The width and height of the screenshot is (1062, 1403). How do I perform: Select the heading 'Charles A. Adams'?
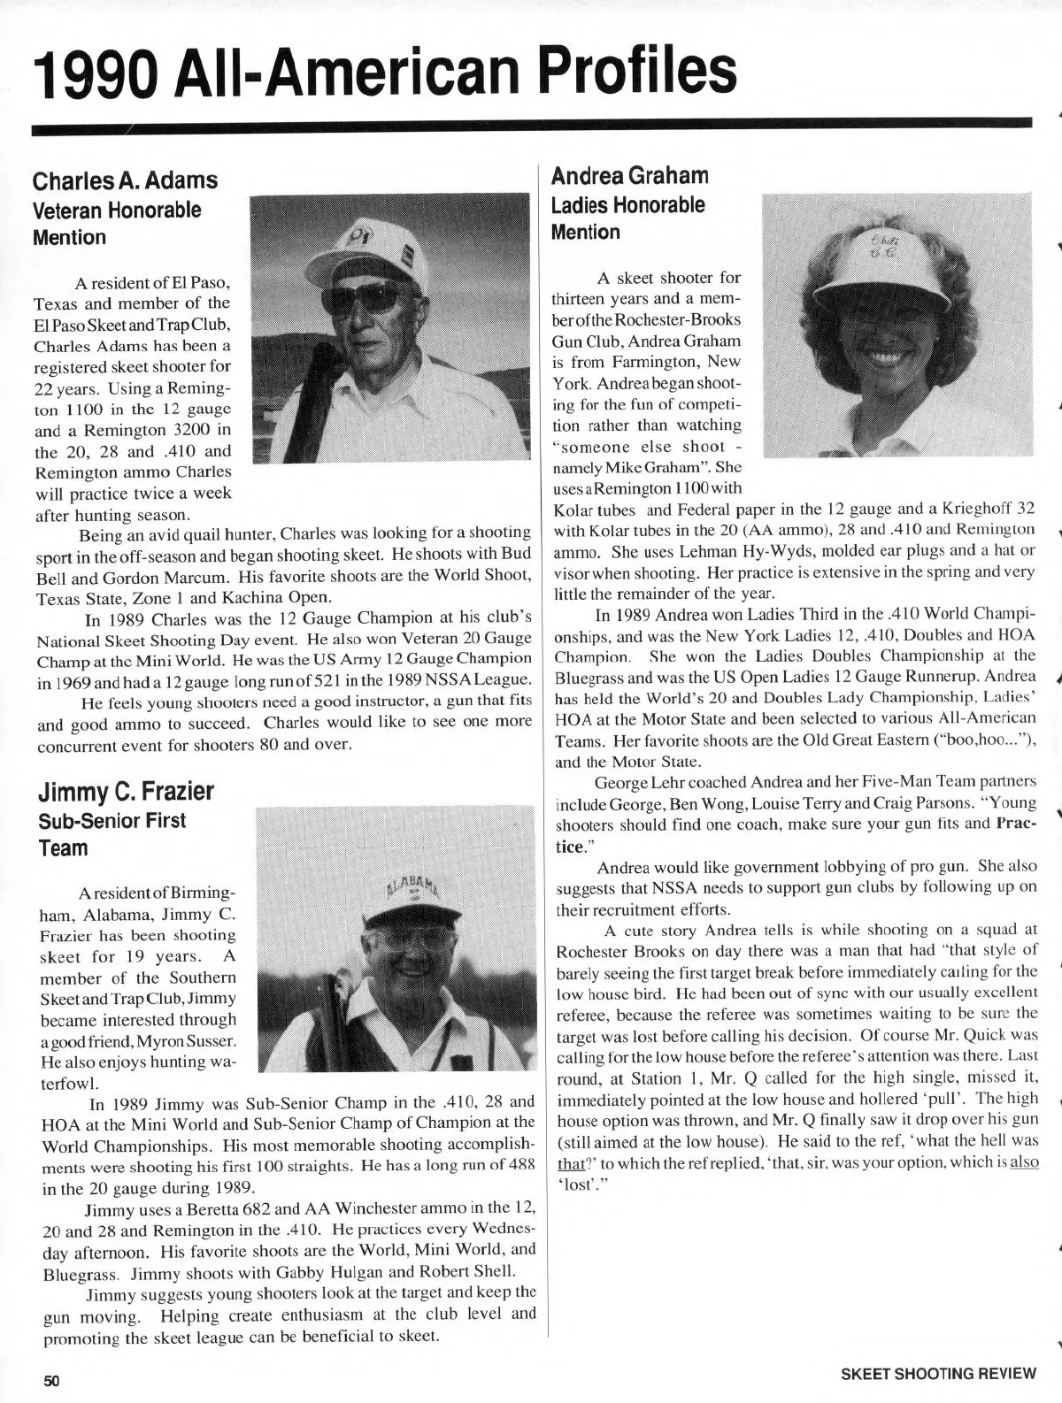(x=125, y=180)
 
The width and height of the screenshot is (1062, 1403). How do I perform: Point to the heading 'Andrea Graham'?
(x=629, y=175)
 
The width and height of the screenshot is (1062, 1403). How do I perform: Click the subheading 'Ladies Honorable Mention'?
(x=627, y=218)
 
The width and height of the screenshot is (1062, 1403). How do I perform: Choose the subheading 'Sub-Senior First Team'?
(x=112, y=834)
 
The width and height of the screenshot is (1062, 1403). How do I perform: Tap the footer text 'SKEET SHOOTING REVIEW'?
(x=938, y=1374)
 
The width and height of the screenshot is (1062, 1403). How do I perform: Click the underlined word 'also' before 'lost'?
(x=1024, y=1161)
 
